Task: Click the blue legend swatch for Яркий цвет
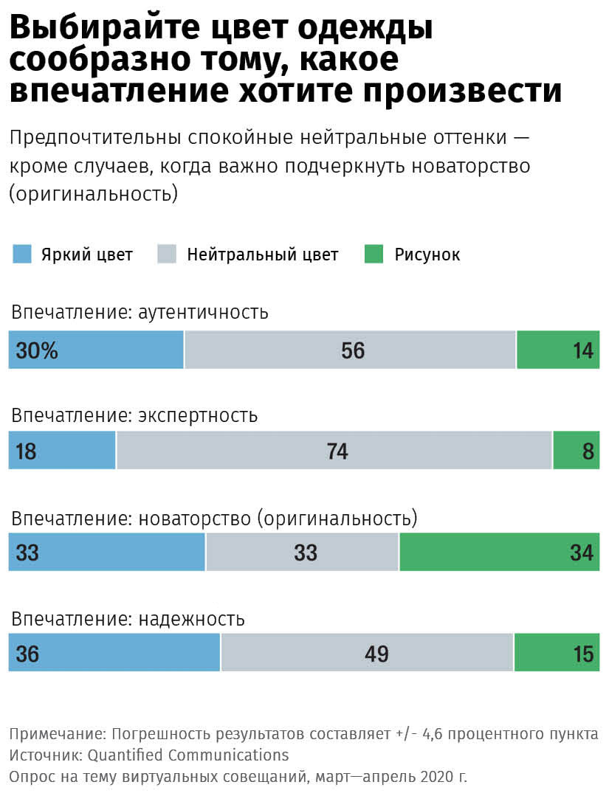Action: click(23, 255)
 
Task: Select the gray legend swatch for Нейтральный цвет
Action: click(167, 255)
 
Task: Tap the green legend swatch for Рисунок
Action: click(374, 255)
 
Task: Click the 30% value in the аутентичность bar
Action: click(37, 350)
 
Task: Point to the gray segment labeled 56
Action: click(353, 350)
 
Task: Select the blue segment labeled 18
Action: click(62, 451)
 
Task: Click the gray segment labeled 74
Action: click(337, 451)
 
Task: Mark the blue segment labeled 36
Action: click(114, 654)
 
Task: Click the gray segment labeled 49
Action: click(376, 654)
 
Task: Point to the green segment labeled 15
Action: click(557, 654)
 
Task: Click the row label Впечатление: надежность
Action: click(127, 619)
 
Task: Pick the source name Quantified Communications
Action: click(188, 755)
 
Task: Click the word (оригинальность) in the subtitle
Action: click(94, 194)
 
